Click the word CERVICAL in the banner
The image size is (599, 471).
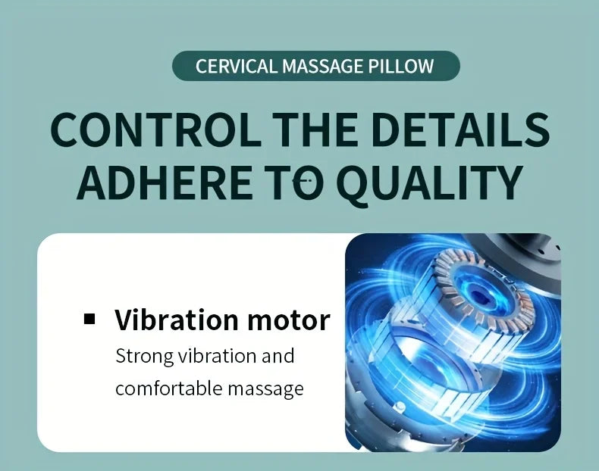(x=236, y=66)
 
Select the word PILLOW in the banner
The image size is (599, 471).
(x=402, y=66)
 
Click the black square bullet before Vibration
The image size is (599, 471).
(x=90, y=318)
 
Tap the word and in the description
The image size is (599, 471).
(x=278, y=355)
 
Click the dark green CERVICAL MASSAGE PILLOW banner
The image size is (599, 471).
(x=316, y=66)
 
